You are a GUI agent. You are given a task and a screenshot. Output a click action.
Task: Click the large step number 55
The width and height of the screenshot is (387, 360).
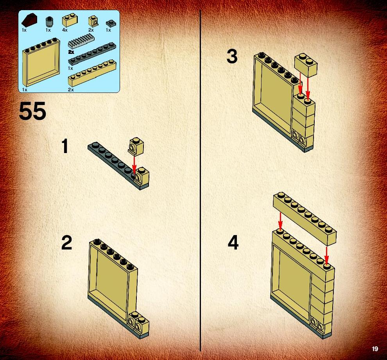(32, 111)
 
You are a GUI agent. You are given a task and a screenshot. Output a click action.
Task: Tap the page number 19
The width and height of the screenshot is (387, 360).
(375, 349)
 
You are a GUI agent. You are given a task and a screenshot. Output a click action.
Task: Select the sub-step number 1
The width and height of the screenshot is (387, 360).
(65, 146)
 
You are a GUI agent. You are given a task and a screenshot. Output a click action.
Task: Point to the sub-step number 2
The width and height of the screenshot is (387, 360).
(66, 242)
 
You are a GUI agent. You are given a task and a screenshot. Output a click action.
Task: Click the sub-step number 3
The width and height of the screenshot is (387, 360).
(232, 56)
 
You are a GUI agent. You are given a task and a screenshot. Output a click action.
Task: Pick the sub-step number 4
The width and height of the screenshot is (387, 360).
(233, 242)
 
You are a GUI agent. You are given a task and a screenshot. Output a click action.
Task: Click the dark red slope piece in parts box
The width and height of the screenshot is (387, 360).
(30, 21)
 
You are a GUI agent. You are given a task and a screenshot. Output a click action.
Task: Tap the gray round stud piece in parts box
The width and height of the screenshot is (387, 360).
(49, 22)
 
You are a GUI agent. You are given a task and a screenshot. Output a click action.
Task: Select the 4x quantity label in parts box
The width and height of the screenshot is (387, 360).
(65, 30)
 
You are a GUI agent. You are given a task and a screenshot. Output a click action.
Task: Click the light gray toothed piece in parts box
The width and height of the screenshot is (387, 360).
(81, 42)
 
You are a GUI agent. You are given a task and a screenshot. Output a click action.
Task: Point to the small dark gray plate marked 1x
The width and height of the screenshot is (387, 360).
(110, 23)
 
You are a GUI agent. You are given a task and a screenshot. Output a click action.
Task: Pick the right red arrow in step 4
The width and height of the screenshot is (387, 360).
(326, 255)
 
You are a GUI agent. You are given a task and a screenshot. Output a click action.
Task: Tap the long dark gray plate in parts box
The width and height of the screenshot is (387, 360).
(92, 54)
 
